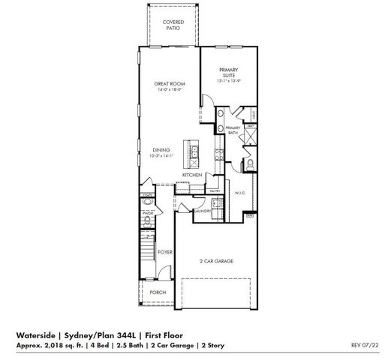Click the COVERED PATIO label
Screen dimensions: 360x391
tap(173, 25)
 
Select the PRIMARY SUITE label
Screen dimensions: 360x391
tap(228, 72)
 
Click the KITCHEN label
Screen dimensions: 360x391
tap(192, 175)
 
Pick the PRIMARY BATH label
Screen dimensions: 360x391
tap(233, 130)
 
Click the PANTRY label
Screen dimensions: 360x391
tap(214, 190)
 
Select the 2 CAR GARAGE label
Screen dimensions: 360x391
tap(216, 261)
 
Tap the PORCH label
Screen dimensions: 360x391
tap(158, 292)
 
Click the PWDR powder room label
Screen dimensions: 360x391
tap(147, 212)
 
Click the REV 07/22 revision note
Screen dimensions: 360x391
tap(365, 345)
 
